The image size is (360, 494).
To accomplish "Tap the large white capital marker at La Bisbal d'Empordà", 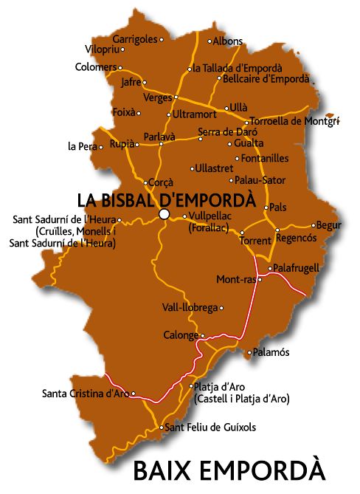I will pos(164,214).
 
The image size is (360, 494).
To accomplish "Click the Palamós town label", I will pos(271,352).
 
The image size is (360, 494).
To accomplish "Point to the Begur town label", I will pos(329,225).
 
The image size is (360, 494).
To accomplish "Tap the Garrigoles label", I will pos(134,39).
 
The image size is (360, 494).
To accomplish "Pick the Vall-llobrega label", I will pos(190,307).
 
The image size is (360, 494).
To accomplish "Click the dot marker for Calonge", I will pos(202,336).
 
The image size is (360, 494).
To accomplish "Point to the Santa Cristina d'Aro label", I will pos(86,393).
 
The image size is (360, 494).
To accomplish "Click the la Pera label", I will pos(82,146).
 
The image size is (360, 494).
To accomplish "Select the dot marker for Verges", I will pos(176,97).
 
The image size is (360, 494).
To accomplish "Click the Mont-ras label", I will pos(235,280).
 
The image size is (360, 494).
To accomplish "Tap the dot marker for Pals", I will pos(267,207).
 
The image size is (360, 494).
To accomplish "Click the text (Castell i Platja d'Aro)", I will pos(241,399).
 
